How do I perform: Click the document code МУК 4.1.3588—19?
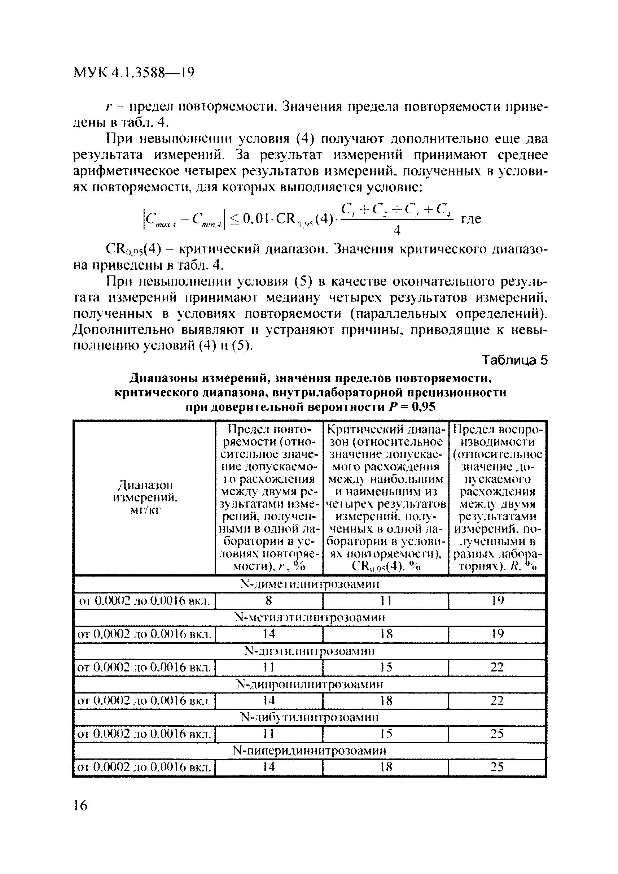point(133,73)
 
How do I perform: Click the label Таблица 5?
point(514,360)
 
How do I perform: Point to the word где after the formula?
point(471,219)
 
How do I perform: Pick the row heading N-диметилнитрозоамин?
point(310,584)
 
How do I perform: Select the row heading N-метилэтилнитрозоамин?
point(310,617)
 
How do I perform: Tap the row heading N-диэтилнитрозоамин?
point(310,651)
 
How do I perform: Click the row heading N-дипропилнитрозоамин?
point(310,684)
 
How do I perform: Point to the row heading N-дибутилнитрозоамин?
point(310,717)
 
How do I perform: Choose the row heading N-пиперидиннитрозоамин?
point(310,751)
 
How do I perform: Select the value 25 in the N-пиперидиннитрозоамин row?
point(497,767)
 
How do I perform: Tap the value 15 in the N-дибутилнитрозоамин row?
point(386,734)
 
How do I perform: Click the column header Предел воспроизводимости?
point(498,498)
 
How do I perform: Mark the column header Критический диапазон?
point(386,498)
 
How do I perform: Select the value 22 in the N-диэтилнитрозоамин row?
point(497,667)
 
